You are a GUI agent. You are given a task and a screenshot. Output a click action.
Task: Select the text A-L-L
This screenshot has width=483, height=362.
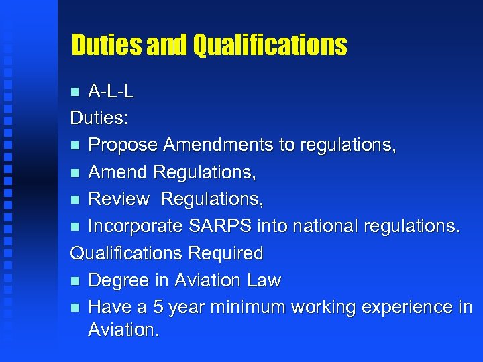pos(111,91)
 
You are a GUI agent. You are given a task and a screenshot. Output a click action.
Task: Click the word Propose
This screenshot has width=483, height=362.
pos(123,145)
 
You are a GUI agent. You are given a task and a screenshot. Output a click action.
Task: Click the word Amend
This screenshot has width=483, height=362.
pos(118,172)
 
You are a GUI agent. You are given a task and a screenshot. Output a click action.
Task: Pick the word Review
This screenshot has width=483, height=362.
pos(119,199)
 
